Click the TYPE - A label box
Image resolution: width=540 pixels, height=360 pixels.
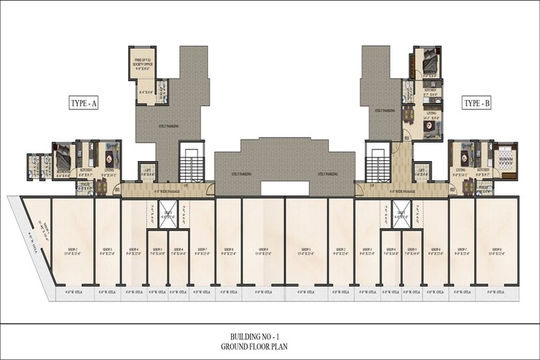point(83,104)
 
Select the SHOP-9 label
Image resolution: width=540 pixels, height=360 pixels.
point(264,250)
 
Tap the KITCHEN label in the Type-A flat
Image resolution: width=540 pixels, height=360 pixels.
point(84,172)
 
